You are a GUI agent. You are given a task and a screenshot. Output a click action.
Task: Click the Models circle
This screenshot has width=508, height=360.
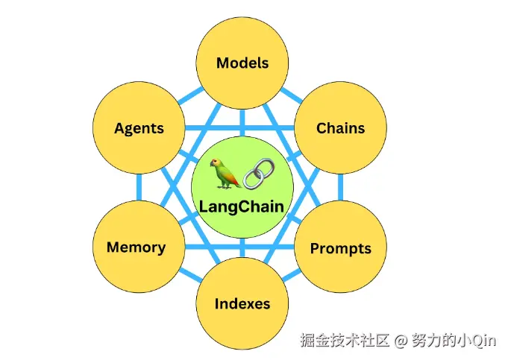(x=242, y=63)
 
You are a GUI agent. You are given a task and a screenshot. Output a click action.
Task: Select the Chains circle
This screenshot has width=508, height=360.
(x=340, y=127)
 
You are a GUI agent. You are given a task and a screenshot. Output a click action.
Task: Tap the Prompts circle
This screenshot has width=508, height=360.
(x=340, y=247)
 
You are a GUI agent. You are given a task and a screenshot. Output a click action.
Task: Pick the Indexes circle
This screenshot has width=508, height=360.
(x=242, y=303)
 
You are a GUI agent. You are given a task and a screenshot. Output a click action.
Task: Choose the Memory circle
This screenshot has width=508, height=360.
(x=137, y=247)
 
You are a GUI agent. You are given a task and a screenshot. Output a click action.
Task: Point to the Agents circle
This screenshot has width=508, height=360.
(x=139, y=128)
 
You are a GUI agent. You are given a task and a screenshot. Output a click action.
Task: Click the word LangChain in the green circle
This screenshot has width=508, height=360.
(x=242, y=206)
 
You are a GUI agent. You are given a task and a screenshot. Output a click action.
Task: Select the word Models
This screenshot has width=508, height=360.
(x=242, y=63)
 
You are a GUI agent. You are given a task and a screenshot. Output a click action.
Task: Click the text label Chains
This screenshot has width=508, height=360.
(x=340, y=127)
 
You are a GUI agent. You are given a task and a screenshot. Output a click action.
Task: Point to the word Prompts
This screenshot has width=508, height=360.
(x=340, y=247)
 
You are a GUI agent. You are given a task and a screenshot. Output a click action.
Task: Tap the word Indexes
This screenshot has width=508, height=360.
(x=242, y=303)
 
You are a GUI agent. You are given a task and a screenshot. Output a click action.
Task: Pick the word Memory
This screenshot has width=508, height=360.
(x=137, y=247)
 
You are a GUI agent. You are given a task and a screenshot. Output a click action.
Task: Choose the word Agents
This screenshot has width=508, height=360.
(x=139, y=128)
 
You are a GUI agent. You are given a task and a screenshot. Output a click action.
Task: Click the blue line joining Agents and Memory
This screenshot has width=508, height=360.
(x=139, y=188)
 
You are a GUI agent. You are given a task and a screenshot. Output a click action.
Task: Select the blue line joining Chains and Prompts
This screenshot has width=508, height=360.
(x=341, y=188)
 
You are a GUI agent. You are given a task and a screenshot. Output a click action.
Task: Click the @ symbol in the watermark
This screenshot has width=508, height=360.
(x=400, y=341)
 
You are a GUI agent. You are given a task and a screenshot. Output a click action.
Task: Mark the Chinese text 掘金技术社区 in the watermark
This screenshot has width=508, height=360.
(x=345, y=341)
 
